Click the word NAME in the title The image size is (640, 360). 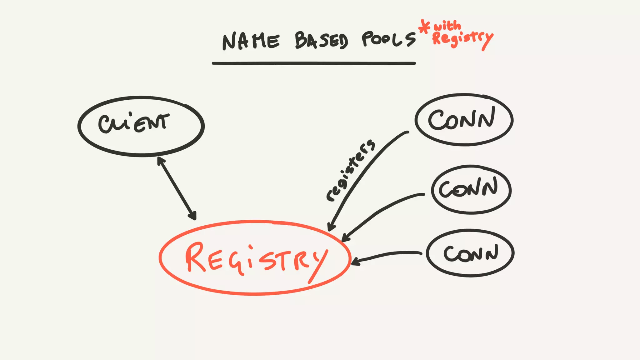[251, 41]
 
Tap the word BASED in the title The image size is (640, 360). [321, 41]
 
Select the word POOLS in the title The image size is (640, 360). [389, 39]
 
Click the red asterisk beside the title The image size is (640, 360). [424, 27]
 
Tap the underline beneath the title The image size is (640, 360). [314, 63]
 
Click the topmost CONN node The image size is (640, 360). [464, 119]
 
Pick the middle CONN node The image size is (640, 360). [471, 189]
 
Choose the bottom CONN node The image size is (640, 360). [470, 253]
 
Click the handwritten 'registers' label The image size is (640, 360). [350, 171]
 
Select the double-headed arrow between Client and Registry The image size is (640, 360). [177, 188]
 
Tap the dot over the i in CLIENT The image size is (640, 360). [130, 114]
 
